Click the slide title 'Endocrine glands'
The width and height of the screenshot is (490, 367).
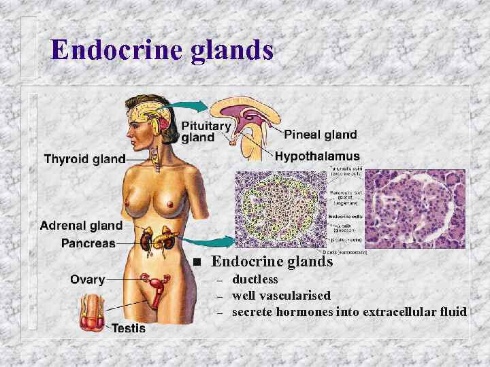coord(162,50)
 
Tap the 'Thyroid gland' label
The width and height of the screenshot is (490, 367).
coord(84,159)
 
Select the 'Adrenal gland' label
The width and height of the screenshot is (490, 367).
coord(82,226)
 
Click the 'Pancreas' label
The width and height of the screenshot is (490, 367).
coord(88,243)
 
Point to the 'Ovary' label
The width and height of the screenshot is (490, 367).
coord(88,279)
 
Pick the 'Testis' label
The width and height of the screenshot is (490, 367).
coord(129,328)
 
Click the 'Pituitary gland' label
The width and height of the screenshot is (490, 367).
coord(206,132)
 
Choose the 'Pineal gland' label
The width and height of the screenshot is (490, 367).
coord(320,135)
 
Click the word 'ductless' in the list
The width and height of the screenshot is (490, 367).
coord(255,279)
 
